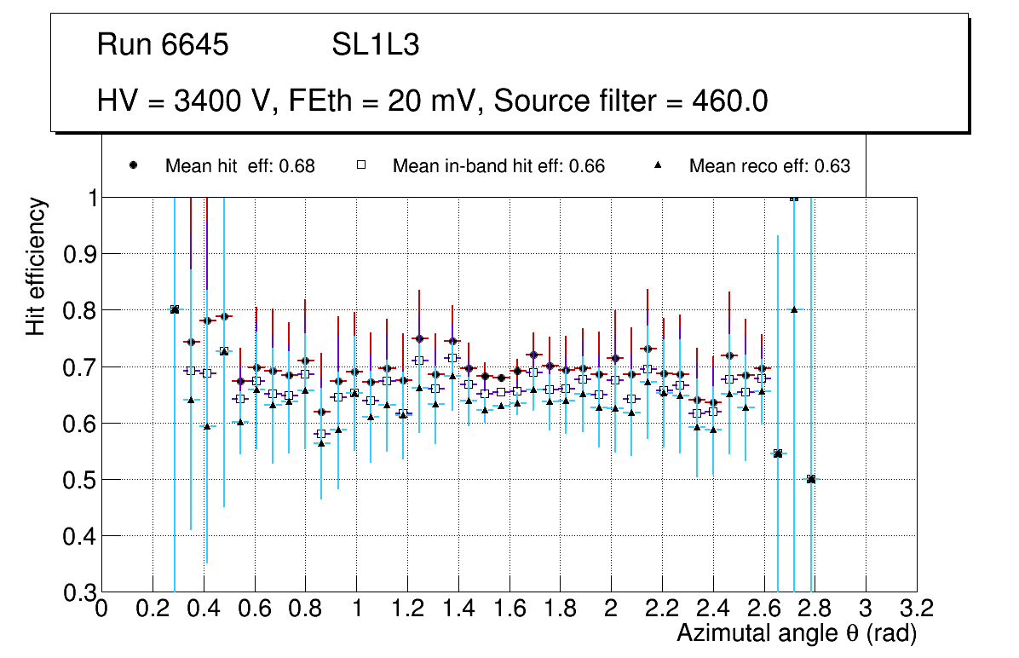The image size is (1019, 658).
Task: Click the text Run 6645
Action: click(x=163, y=45)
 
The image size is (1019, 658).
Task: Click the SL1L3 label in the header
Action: click(x=375, y=45)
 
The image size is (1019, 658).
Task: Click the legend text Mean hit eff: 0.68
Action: click(x=239, y=166)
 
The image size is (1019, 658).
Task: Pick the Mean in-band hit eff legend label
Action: click(x=498, y=166)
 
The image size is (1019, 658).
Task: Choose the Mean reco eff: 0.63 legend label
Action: click(x=769, y=166)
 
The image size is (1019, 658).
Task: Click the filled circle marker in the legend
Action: click(x=133, y=165)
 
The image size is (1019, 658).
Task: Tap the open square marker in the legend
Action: click(x=360, y=165)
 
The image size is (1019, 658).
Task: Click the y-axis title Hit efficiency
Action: click(x=36, y=266)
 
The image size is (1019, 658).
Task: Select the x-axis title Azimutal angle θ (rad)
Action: click(x=796, y=633)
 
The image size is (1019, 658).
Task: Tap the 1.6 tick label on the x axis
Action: click(x=509, y=610)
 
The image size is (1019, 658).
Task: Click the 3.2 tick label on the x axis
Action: click(x=917, y=610)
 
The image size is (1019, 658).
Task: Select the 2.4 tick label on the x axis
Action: click(x=713, y=610)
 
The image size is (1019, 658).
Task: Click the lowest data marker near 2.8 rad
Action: click(x=811, y=479)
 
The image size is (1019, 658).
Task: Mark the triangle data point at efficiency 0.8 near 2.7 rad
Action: click(x=794, y=309)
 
